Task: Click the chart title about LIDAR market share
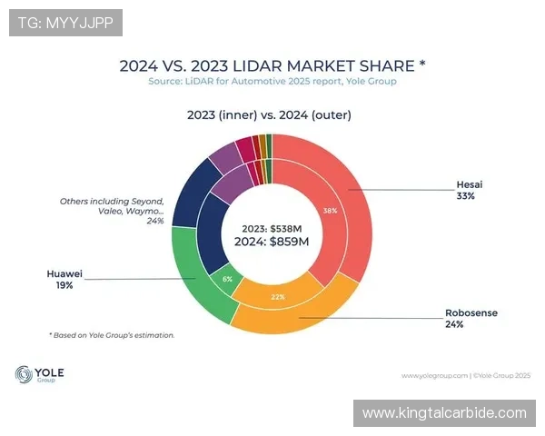(272, 65)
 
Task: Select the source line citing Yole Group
(272, 82)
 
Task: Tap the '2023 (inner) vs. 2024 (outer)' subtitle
(269, 115)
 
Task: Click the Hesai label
(469, 183)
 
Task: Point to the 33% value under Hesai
(466, 195)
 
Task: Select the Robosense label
(471, 312)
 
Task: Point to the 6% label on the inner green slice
(228, 279)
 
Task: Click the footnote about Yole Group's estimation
(112, 335)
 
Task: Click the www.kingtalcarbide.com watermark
(444, 413)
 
